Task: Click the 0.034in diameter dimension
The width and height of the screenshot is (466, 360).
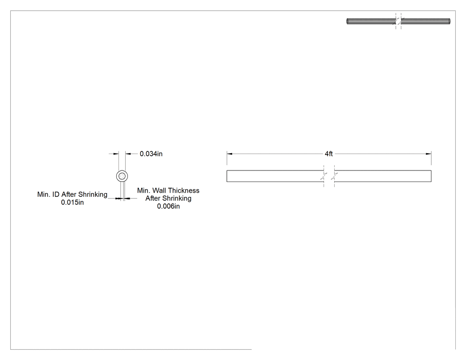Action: [151, 154]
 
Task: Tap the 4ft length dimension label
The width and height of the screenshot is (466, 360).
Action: [329, 154]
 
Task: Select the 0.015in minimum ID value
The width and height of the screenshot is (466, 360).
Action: [72, 202]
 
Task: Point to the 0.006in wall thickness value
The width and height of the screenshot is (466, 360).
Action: [168, 206]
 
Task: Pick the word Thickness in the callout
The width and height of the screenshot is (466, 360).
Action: [183, 190]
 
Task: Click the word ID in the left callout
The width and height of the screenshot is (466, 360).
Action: [56, 194]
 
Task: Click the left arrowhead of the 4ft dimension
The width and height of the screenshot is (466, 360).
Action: [229, 154]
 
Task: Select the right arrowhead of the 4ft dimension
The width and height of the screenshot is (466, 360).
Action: [429, 154]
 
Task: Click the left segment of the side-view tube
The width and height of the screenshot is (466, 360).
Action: [275, 176]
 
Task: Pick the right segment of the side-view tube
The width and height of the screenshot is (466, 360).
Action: [383, 176]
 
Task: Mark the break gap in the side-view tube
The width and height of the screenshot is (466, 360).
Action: [329, 176]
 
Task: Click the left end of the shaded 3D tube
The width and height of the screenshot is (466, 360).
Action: [348, 21]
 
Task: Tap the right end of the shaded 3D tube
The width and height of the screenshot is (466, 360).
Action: [449, 21]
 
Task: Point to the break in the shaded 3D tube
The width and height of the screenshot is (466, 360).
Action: [398, 21]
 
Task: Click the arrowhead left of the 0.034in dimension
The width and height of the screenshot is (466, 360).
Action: [116, 154]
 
